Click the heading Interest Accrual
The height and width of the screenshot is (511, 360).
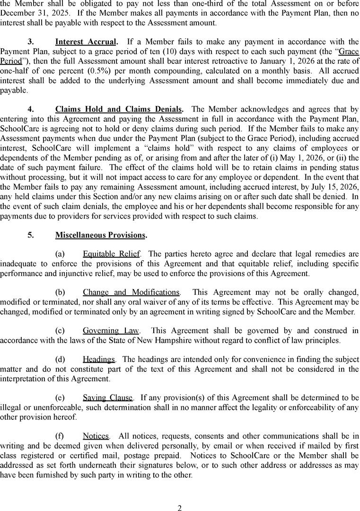85,42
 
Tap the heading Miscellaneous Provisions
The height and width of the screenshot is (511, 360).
100,235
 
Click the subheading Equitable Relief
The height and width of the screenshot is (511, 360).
111,254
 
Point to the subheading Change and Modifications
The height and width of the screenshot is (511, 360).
131,292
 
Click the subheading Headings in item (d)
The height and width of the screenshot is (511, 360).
98,360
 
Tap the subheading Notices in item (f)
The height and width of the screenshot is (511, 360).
96,436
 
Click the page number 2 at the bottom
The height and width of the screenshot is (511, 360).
180,508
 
